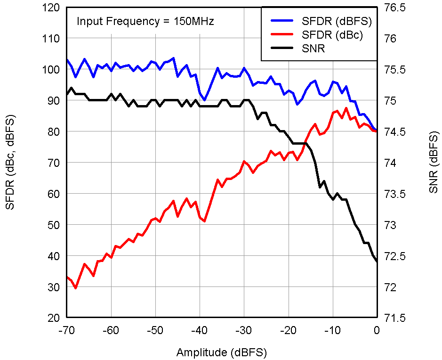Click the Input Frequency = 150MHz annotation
pyautogui.click(x=145, y=21)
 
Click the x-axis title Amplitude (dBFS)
pyautogui.click(x=222, y=352)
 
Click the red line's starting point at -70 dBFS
pyautogui.click(x=67, y=277)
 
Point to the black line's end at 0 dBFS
pyautogui.click(x=377, y=262)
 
